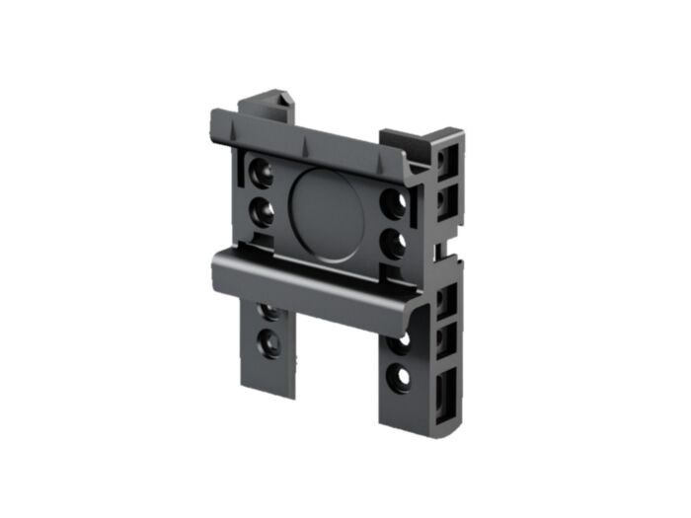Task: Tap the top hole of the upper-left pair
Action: [x=263, y=174]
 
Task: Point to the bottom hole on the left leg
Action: [x=267, y=343]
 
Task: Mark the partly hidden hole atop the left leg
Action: [x=269, y=312]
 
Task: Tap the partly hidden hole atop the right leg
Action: [x=398, y=343]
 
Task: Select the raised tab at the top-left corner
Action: [x=267, y=103]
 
